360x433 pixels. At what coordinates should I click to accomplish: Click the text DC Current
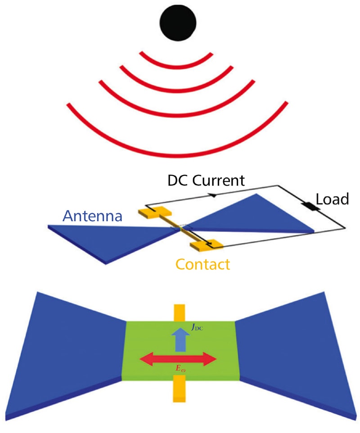[x=206, y=181]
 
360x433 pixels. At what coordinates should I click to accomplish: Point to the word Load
[x=333, y=198]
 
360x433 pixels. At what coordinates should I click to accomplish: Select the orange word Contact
[x=202, y=264]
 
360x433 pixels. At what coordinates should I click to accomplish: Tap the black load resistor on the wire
[x=310, y=207]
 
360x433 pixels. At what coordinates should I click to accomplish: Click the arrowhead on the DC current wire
[x=211, y=195]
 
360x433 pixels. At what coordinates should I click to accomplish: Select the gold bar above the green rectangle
[x=179, y=312]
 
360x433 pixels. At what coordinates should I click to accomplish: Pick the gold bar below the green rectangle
[x=179, y=389]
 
